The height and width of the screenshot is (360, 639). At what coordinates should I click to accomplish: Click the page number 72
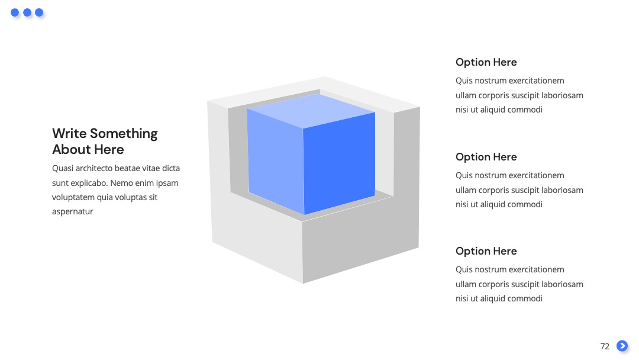click(x=605, y=346)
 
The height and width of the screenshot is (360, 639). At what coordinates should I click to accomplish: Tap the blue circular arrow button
click(x=622, y=346)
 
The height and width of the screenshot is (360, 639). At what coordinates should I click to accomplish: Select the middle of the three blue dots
click(x=27, y=12)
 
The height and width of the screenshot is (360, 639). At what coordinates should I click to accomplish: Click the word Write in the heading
click(x=69, y=133)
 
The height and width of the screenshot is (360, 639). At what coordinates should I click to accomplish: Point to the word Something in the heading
click(x=124, y=134)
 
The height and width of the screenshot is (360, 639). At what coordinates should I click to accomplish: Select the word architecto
click(x=93, y=168)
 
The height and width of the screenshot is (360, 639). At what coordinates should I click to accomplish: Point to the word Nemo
click(x=121, y=183)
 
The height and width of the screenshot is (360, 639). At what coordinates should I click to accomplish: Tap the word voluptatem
click(x=73, y=197)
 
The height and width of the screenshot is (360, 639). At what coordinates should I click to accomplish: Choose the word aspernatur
click(x=73, y=212)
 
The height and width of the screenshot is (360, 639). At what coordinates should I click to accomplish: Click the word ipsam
click(x=167, y=183)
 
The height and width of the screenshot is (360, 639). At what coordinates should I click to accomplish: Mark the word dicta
click(x=171, y=168)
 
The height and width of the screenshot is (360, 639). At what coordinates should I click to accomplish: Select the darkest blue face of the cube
click(x=339, y=163)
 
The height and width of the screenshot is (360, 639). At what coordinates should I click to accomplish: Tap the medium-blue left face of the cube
click(x=275, y=159)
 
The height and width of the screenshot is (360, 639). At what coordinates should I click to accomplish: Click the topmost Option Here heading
click(x=486, y=62)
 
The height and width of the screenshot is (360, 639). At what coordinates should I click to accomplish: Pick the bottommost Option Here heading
click(x=486, y=251)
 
